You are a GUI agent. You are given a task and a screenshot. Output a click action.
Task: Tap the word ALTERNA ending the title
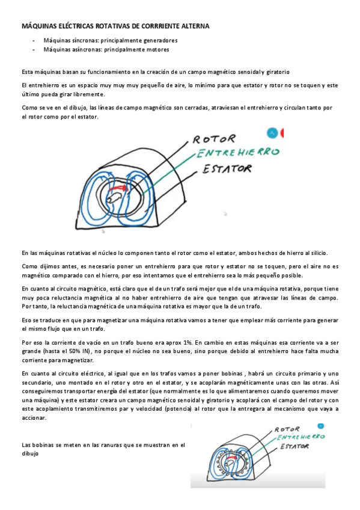193,26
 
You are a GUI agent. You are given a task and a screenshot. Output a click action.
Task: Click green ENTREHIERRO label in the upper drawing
239,153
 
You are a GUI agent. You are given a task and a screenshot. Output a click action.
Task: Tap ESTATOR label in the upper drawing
227,169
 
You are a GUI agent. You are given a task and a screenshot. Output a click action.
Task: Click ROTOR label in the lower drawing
288,429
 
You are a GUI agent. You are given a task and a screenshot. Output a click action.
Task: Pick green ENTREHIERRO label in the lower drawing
299,437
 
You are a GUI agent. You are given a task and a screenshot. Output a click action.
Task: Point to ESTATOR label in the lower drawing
293,446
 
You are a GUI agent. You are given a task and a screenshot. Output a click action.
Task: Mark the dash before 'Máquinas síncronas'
34,40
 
